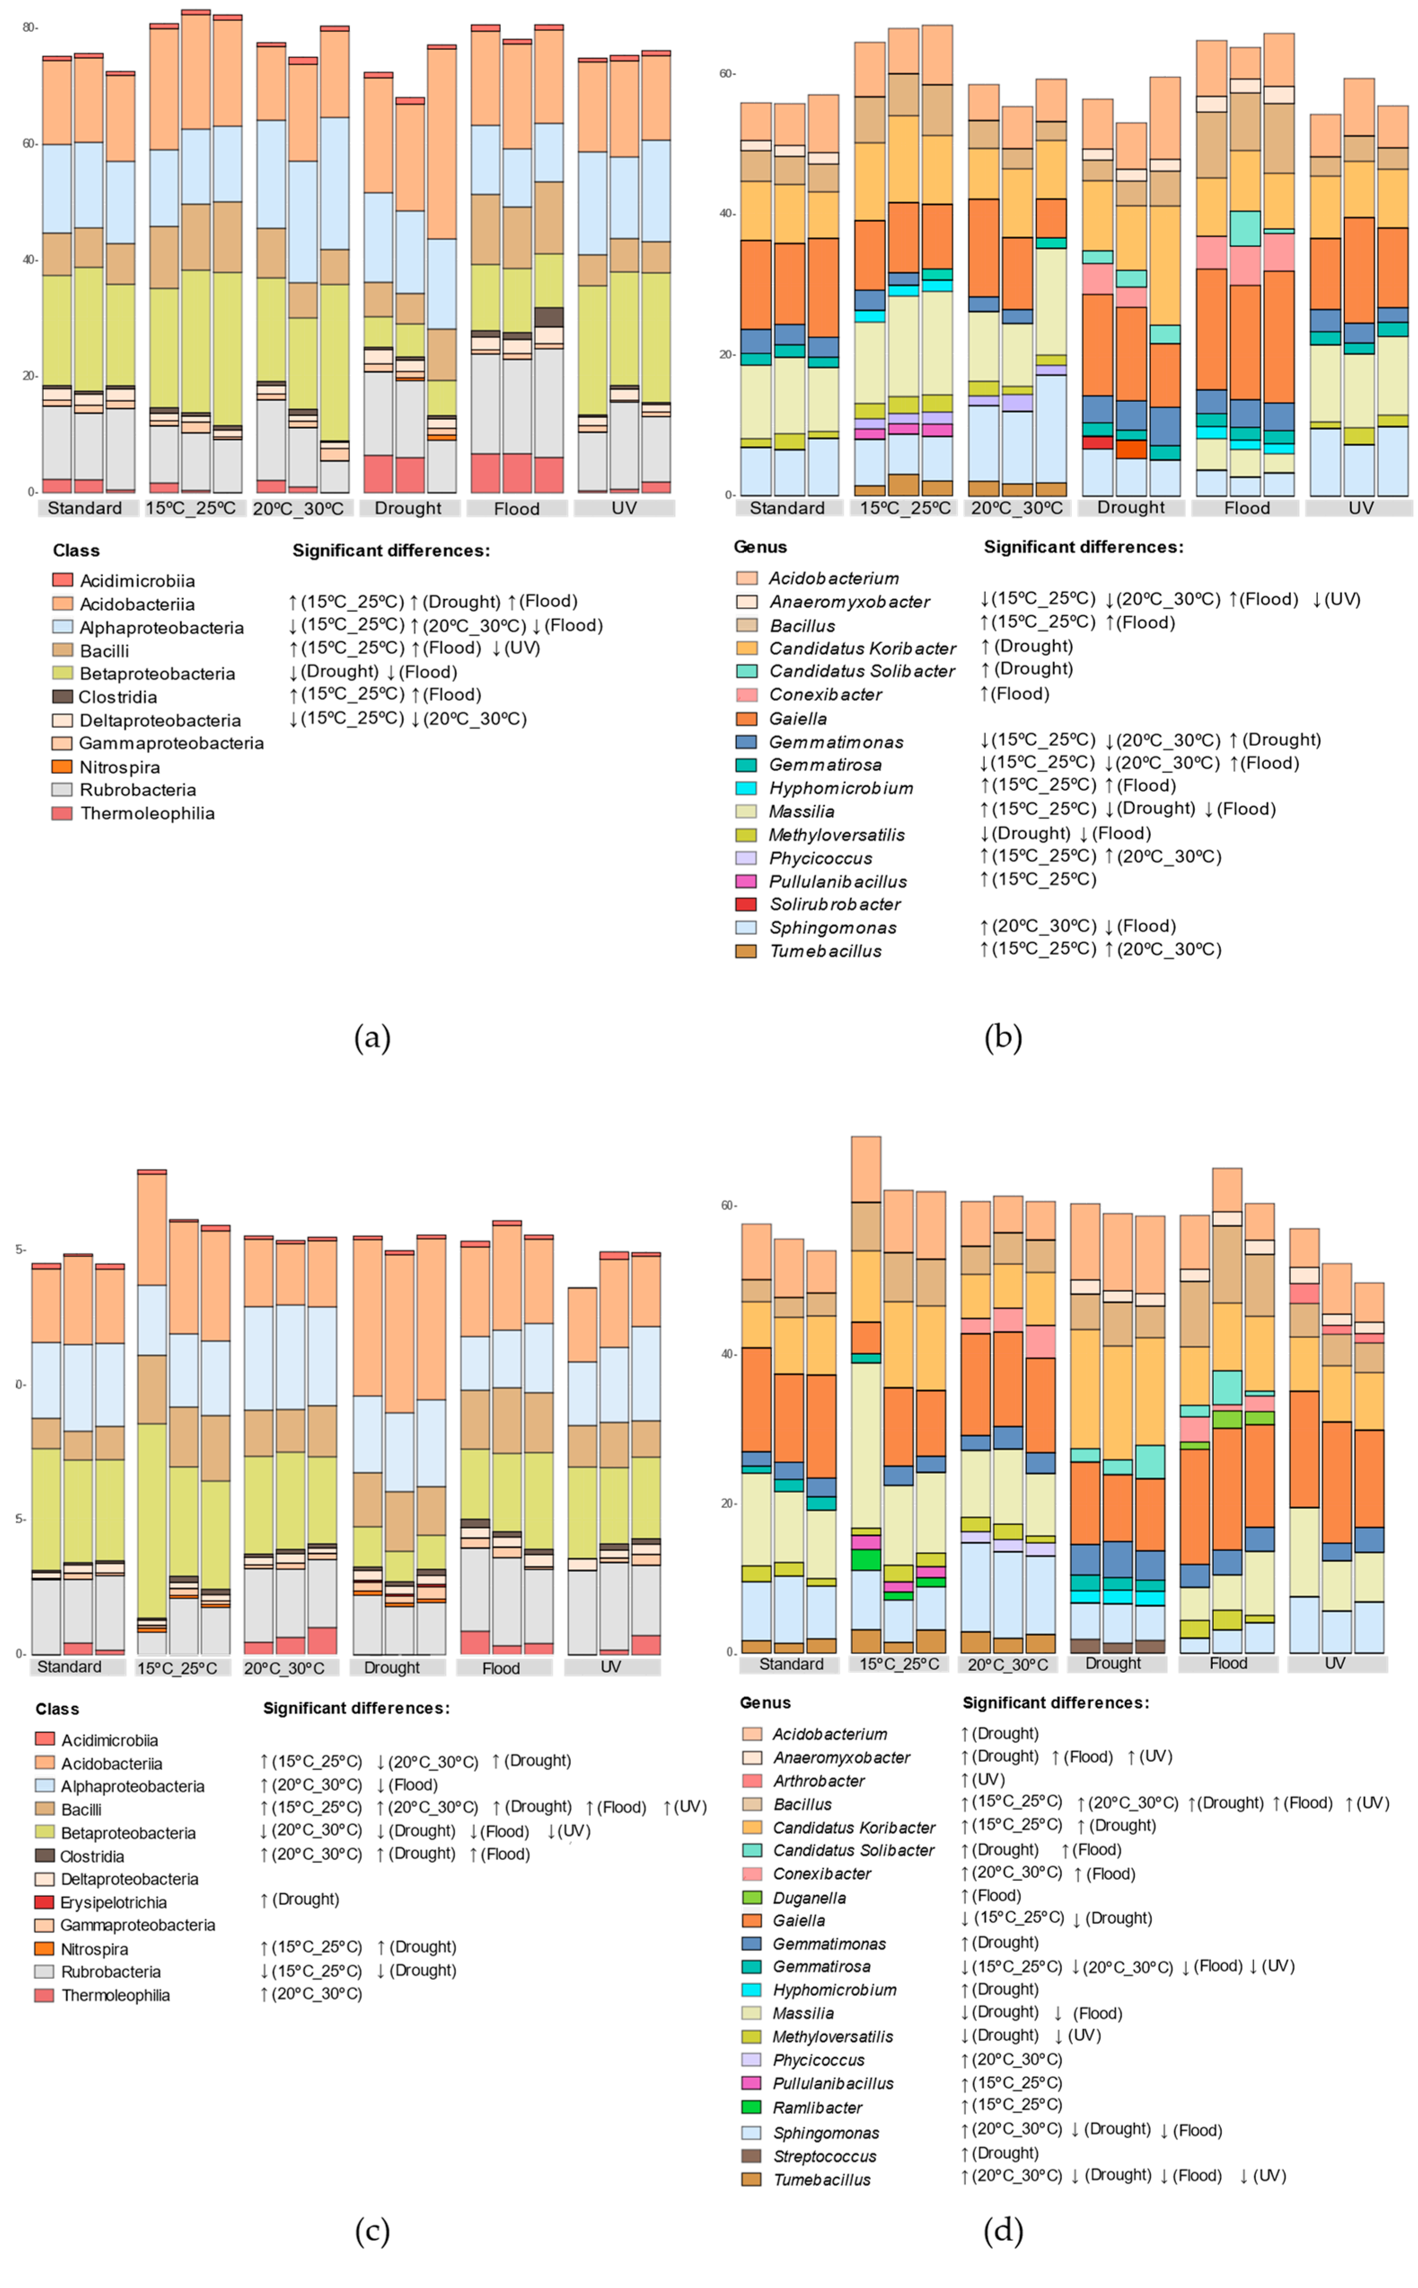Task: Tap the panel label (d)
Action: [x=1002, y=2231]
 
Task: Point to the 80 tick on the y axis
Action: [x=29, y=27]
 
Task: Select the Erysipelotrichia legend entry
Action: [x=114, y=1902]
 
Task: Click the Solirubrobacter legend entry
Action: [x=834, y=904]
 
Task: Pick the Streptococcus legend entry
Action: [x=824, y=2156]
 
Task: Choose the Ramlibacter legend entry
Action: [x=817, y=2107]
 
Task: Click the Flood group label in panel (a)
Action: [x=517, y=508]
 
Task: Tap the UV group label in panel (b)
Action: [x=1360, y=507]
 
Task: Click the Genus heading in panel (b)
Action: [x=760, y=547]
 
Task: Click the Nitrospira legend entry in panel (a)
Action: [x=119, y=767]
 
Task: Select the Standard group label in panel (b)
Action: [x=787, y=507]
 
